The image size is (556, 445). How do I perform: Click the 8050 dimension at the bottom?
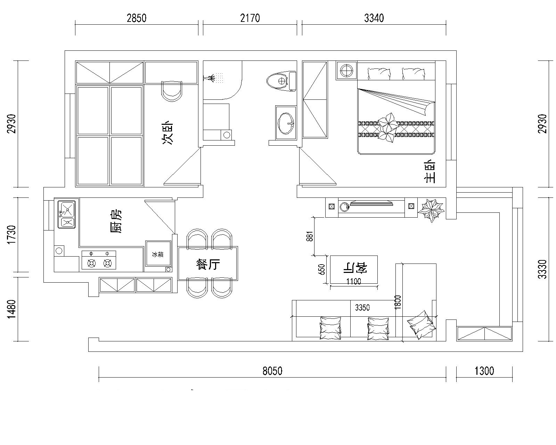point(272,371)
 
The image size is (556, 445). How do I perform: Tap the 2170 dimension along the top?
point(250,18)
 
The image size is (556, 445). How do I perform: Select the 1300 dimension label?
point(484,371)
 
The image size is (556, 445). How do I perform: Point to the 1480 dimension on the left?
point(11,309)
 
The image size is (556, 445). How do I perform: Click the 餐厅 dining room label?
point(208,264)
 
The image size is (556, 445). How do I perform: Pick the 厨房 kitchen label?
point(115,221)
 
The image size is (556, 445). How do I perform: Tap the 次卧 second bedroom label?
point(167,132)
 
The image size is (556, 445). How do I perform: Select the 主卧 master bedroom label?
point(430,171)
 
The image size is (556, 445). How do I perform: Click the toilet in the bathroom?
point(281,81)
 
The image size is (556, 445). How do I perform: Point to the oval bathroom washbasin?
point(286,123)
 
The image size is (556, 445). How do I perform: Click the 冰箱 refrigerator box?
point(158,254)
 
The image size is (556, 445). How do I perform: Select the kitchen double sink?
point(67,215)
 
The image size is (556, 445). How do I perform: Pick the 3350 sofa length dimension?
point(362,307)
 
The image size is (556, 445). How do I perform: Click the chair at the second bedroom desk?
point(172,91)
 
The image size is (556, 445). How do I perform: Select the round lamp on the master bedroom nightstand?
point(346,70)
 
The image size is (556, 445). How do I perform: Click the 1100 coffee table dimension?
point(353,281)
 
